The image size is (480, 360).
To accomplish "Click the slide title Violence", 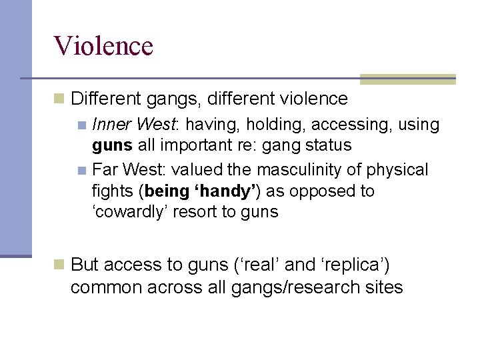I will coord(104,46).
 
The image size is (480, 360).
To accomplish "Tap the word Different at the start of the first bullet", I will coord(104,99).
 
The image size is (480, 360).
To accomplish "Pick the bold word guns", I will coord(111,146).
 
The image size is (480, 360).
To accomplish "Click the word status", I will coord(326,145).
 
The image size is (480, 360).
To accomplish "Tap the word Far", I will coord(104,169).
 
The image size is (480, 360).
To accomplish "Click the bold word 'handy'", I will coord(226,191).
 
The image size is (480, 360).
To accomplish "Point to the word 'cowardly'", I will coord(127,213).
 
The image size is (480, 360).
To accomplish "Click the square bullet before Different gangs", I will coord(59,99).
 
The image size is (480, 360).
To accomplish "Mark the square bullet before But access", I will coord(59,265).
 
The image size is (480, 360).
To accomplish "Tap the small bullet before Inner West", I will coord(81,125).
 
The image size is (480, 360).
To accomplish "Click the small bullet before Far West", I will coord(81,170).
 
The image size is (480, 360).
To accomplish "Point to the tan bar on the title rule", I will coord(407,79).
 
